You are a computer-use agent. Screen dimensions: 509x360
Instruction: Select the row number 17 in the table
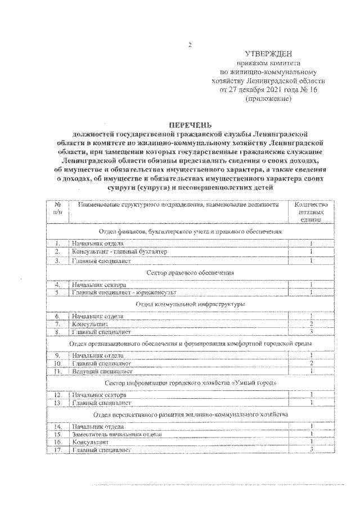pos(57,450)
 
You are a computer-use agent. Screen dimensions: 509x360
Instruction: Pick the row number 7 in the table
pos(57,325)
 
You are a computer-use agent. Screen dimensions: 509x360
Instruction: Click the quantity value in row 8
pos(311,332)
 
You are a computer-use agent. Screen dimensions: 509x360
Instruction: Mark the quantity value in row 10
pos(311,364)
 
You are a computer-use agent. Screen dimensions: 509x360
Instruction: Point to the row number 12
pos(57,395)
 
